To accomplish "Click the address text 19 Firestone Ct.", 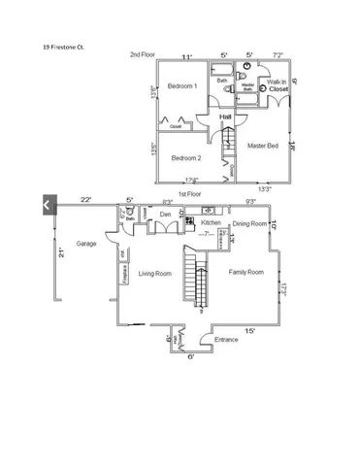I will (66, 46).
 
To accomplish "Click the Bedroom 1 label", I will (182, 86).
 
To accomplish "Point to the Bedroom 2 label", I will (186, 158).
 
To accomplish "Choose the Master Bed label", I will (264, 146).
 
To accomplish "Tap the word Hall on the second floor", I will (225, 116).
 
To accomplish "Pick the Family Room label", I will (245, 272).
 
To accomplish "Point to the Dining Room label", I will (250, 223).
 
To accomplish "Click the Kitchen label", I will (212, 222).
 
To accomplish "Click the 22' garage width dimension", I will (85, 199).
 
